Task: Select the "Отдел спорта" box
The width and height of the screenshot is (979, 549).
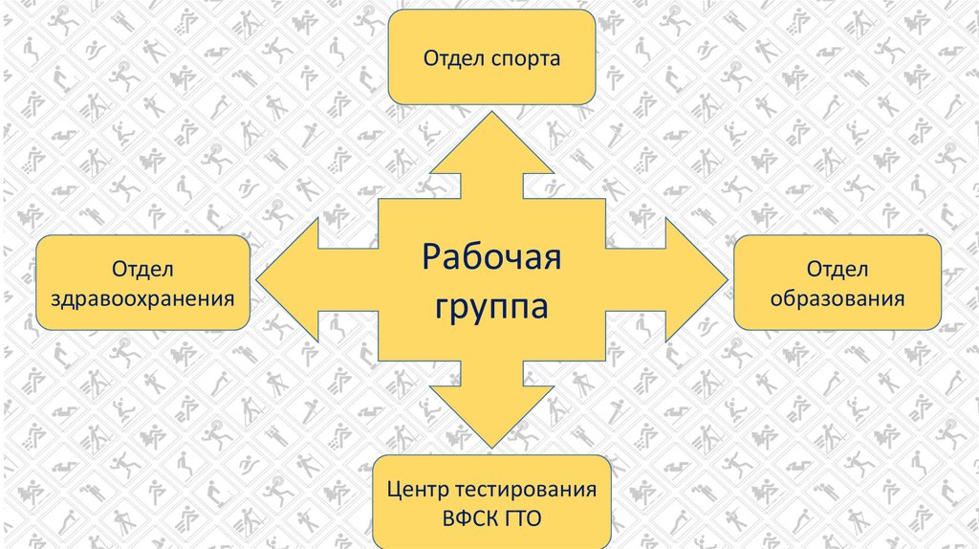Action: coord(491,57)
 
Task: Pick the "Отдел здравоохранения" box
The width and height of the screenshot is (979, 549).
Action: coord(143,283)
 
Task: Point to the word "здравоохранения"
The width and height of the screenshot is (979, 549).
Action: coord(143,298)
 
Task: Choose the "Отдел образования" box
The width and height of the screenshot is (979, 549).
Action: coord(838,283)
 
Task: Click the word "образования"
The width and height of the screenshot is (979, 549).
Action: coord(838,298)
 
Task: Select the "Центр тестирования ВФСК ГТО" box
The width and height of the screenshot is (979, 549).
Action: coord(491,501)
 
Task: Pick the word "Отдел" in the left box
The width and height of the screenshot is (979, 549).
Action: coord(143,268)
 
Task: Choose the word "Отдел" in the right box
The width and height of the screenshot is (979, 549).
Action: coord(838,268)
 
